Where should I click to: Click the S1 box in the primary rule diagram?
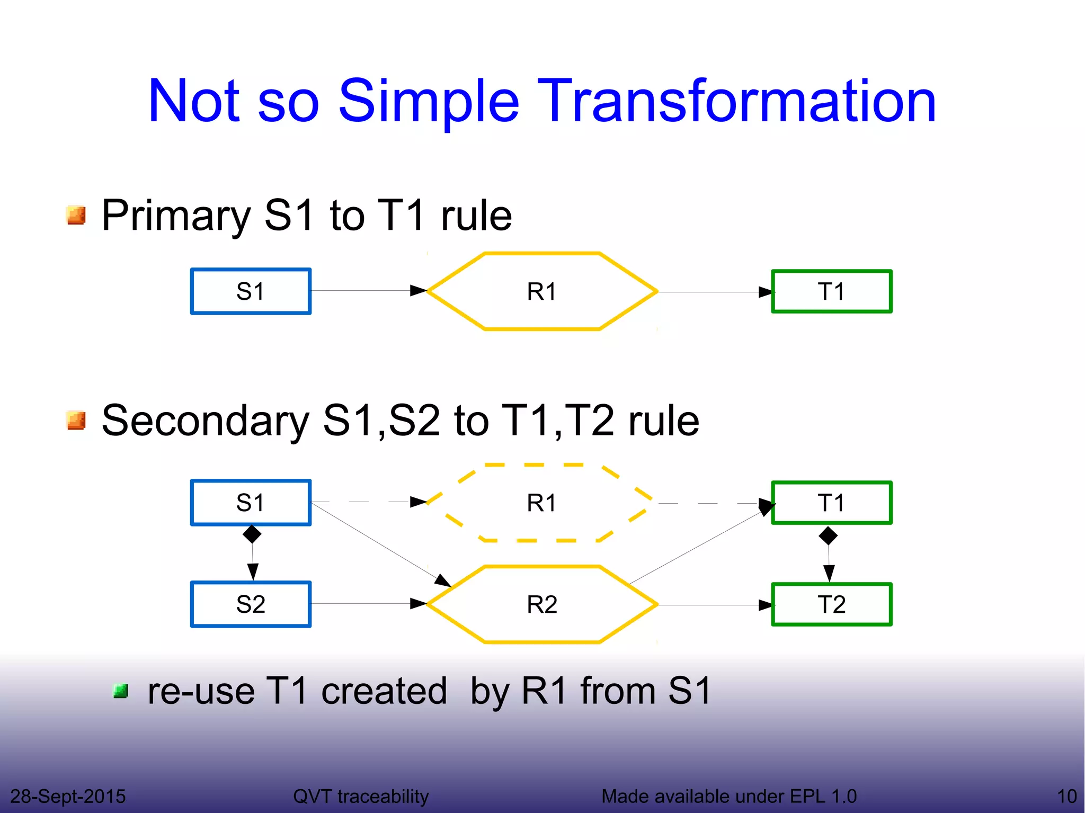(251, 291)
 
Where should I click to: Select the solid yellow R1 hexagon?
(542, 291)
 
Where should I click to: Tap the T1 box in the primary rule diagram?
(832, 291)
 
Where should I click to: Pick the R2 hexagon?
(542, 604)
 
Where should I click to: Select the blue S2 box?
(251, 604)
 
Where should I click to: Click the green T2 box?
(832, 604)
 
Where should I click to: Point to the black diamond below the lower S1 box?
(252, 534)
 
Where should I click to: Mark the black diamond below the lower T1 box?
(828, 536)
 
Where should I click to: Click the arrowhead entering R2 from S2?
(419, 603)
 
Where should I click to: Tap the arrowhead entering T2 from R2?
(766, 605)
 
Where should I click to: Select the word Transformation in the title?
(736, 101)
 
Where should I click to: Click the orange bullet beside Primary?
(76, 215)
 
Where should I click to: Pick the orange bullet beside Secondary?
(76, 420)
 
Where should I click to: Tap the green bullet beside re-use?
(121, 691)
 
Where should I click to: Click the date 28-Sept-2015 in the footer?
(68, 796)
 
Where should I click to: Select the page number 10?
(1066, 796)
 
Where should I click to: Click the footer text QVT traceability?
(361, 796)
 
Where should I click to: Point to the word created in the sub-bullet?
(384, 691)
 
